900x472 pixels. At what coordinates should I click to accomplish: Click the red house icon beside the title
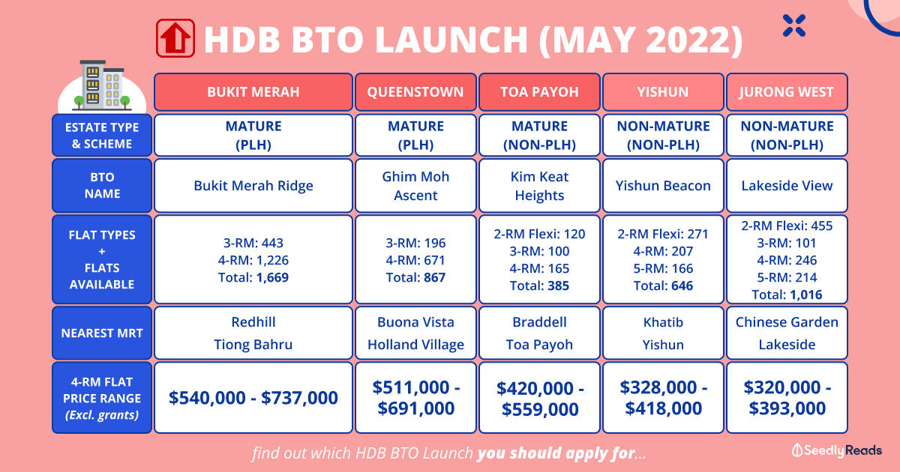tap(175, 38)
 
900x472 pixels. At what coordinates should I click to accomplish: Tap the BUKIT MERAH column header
tap(253, 92)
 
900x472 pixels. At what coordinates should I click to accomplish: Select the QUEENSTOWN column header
tap(415, 92)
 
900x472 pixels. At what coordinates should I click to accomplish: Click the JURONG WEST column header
tap(787, 92)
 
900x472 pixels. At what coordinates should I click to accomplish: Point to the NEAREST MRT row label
tap(102, 333)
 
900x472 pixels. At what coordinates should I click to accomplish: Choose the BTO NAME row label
tap(102, 186)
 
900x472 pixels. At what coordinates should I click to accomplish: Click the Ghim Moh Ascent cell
tap(415, 186)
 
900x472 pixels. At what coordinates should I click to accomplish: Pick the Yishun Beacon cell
tap(663, 186)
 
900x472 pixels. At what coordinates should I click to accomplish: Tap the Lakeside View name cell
tap(787, 186)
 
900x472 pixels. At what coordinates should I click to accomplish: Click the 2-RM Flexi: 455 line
tap(787, 226)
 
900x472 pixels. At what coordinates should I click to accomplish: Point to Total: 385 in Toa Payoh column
tap(539, 285)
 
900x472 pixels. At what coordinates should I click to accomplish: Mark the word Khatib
tap(663, 322)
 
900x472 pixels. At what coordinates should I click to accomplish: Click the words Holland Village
tap(415, 345)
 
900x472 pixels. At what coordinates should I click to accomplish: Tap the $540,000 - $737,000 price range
tap(253, 398)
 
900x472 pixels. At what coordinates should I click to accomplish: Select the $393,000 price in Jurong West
tap(787, 408)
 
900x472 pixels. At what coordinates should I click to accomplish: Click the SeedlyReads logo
tap(836, 450)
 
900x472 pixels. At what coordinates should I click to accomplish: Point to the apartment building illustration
tap(102, 85)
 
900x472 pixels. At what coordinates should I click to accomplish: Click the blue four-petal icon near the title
tap(794, 25)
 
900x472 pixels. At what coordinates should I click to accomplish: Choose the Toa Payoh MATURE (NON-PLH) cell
tap(539, 136)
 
